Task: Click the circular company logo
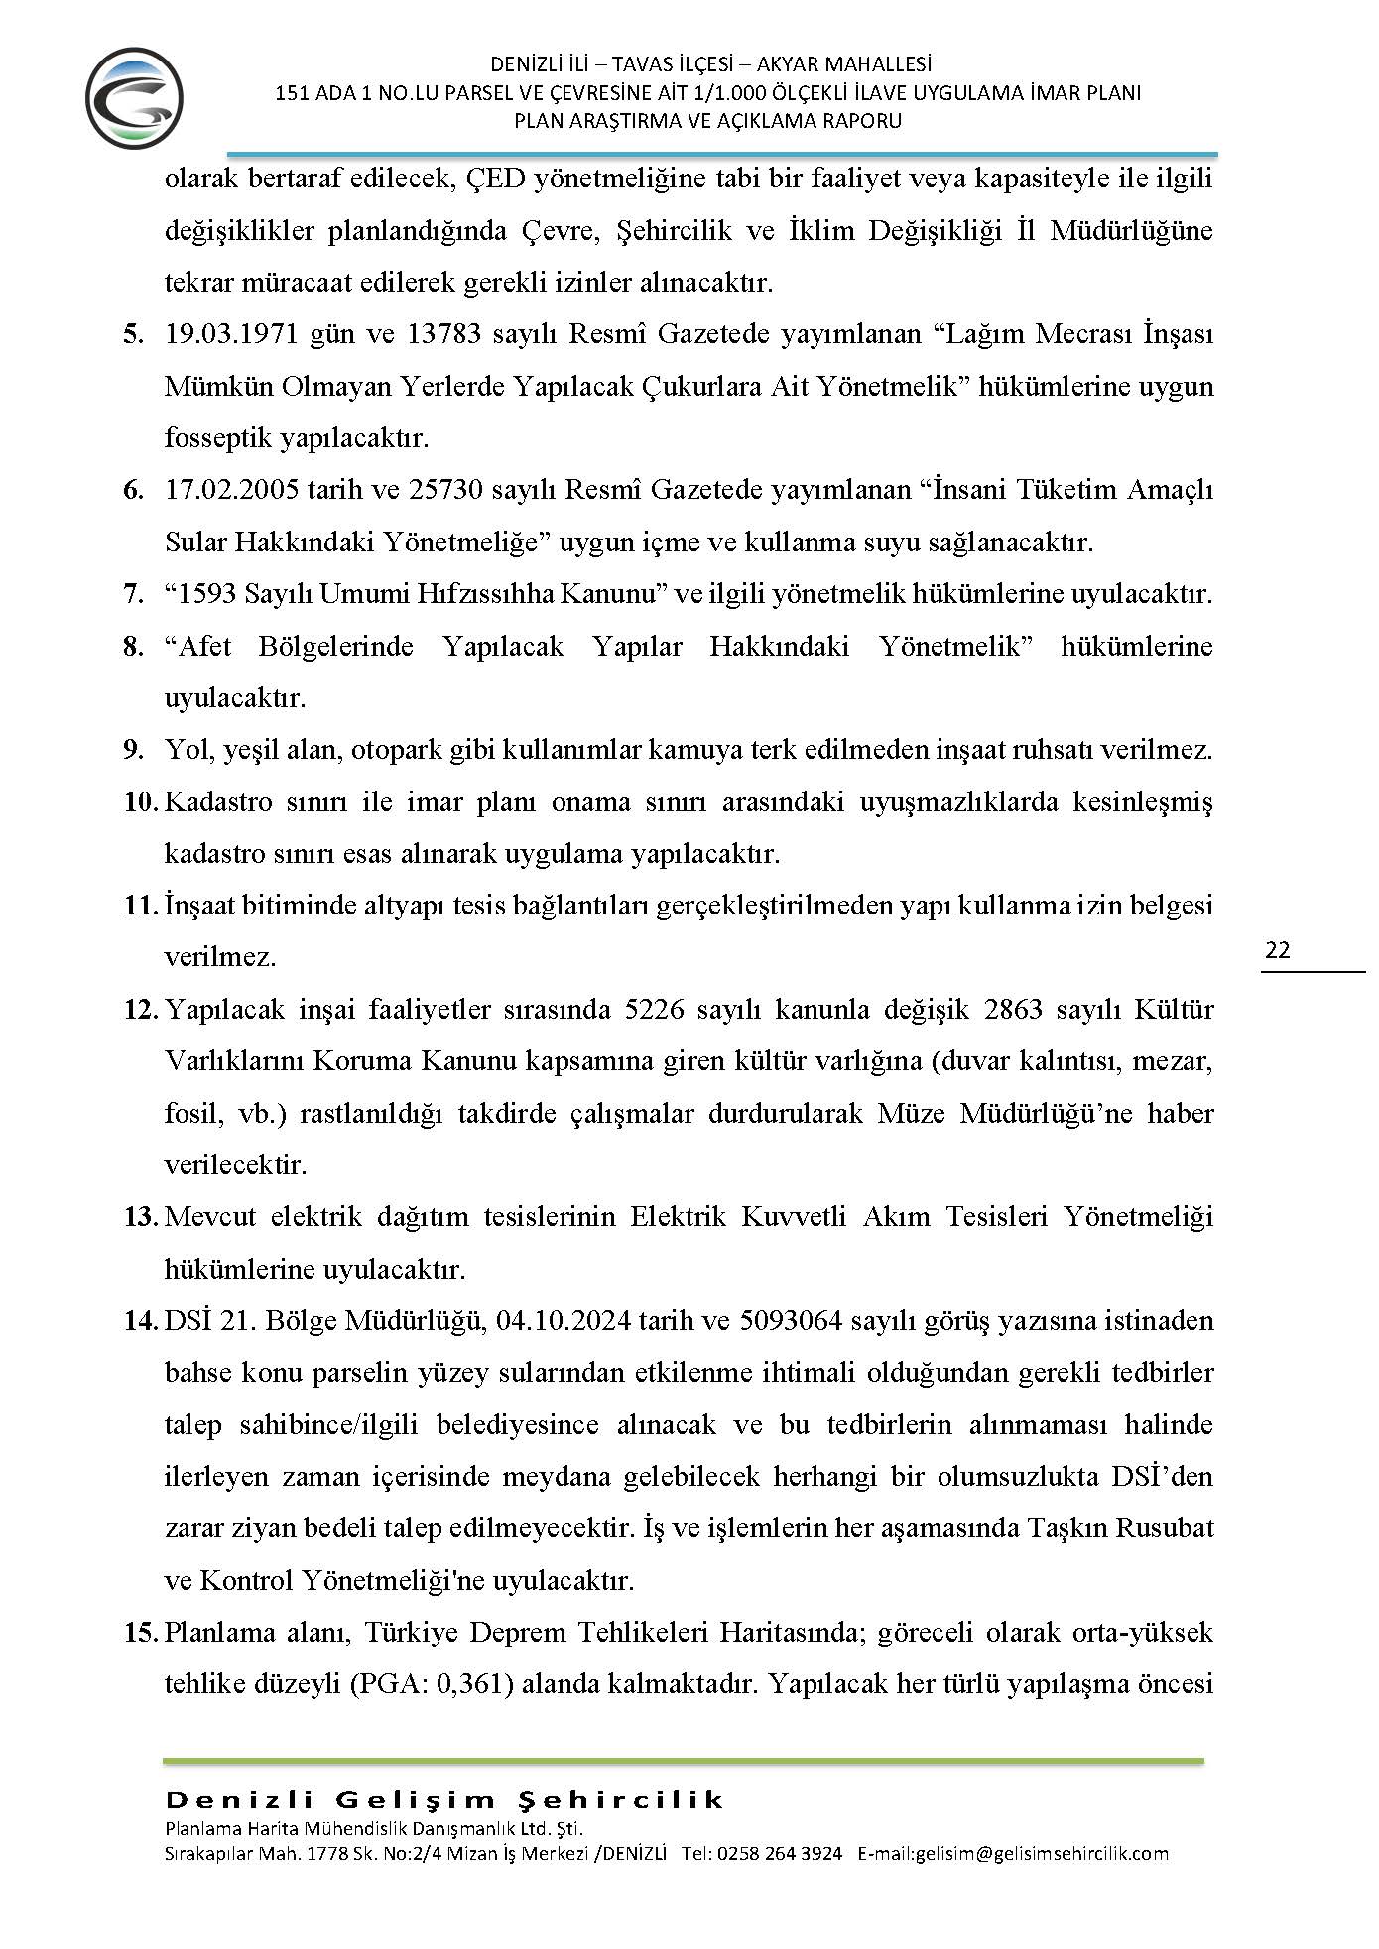pyautogui.click(x=134, y=98)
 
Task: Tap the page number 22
pyautogui.click(x=1278, y=950)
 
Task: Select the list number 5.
pyautogui.click(x=133, y=334)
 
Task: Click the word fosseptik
pyautogui.click(x=218, y=437)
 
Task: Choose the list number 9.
pyautogui.click(x=133, y=750)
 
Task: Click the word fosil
pyautogui.click(x=190, y=1114)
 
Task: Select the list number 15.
pyautogui.click(x=140, y=1633)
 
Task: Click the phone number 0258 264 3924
pyautogui.click(x=779, y=1853)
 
